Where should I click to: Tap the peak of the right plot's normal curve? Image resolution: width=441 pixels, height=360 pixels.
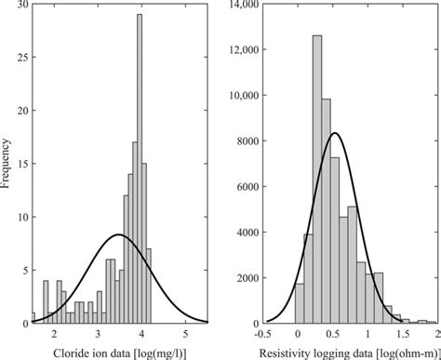tap(335, 133)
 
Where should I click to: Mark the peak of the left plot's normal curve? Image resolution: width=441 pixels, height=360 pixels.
tap(117, 234)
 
